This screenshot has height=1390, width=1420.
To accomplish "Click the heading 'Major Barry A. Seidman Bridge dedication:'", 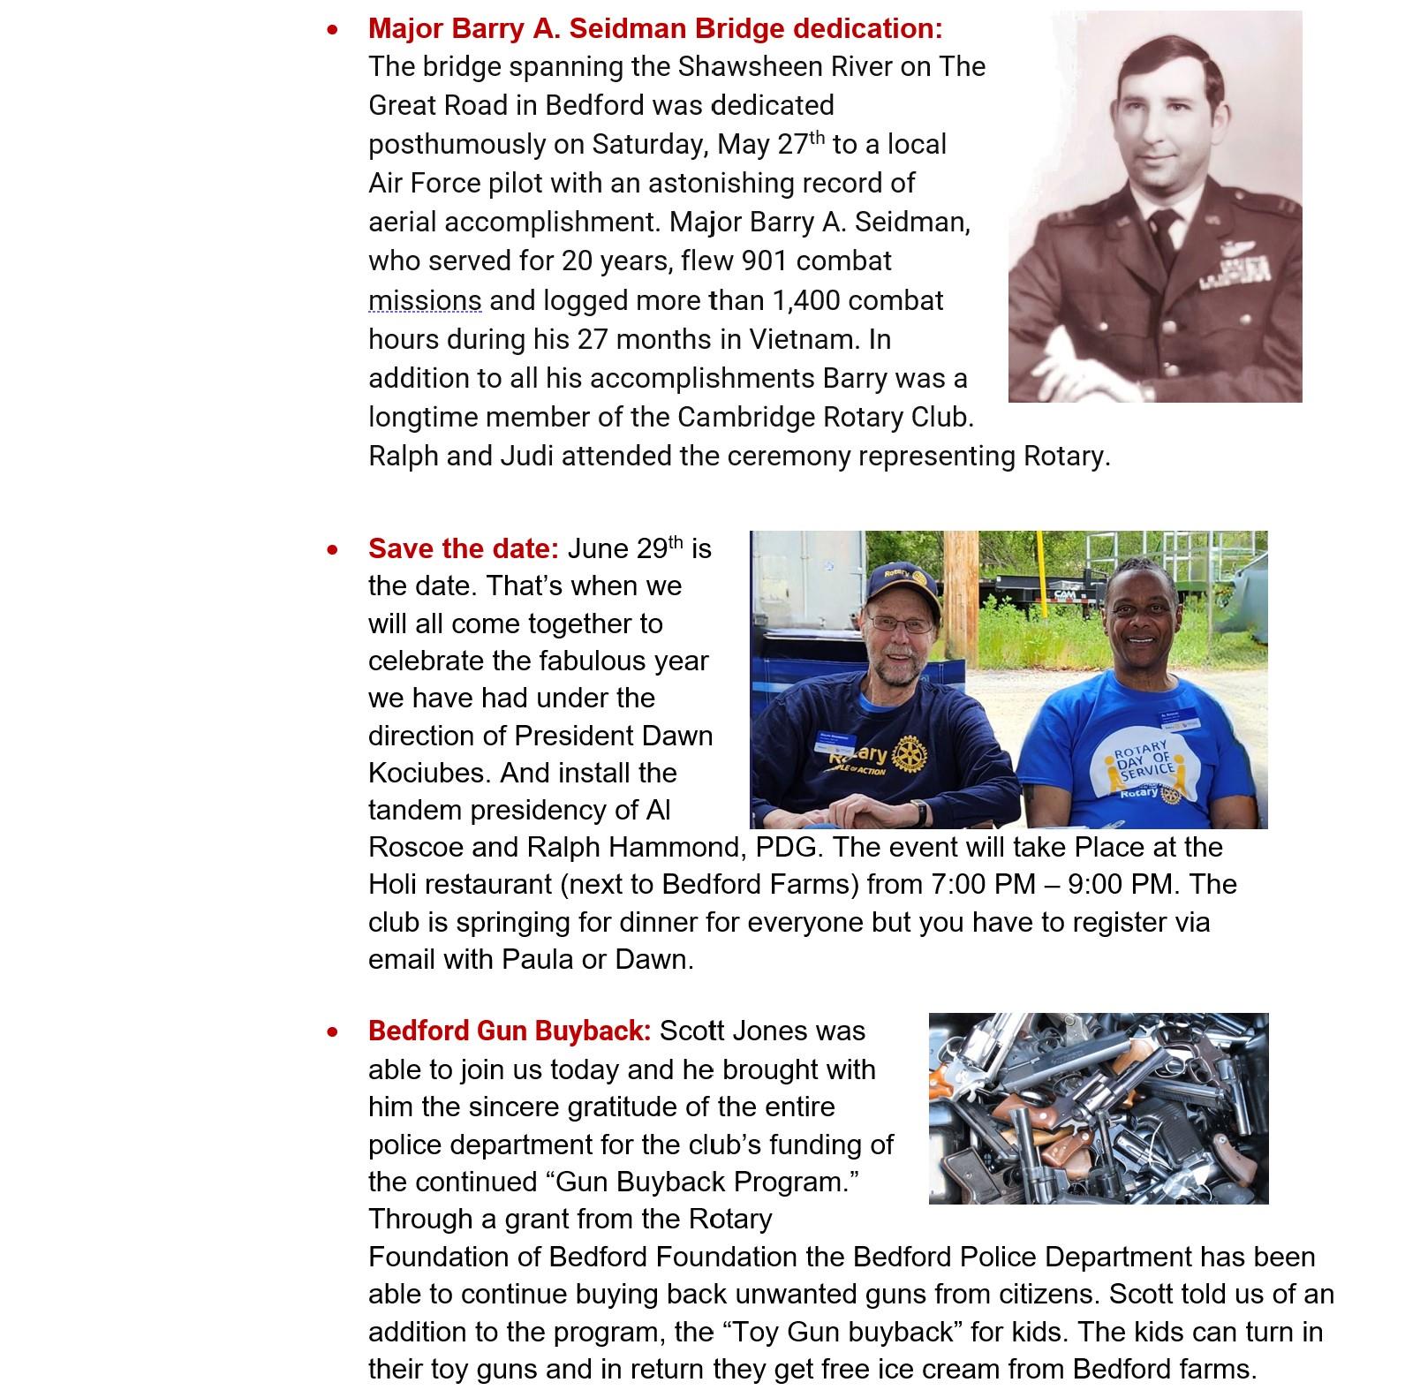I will point(655,28).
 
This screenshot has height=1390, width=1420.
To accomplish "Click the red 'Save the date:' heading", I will point(464,548).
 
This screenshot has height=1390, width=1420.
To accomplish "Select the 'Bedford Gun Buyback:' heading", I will point(510,1031).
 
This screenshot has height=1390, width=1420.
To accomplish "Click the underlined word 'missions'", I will point(425,300).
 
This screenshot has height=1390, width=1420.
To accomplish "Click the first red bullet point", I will point(332,30).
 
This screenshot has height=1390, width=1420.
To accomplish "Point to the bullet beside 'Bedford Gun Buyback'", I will point(332,1031).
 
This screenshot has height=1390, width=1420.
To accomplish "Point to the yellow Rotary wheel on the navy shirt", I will point(910,752).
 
